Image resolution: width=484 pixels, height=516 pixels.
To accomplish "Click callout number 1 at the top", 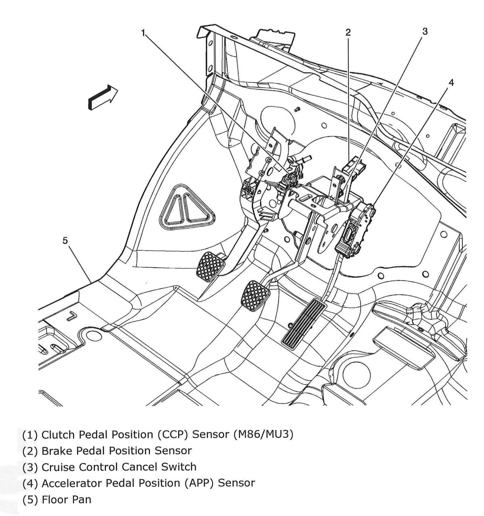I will pos(143,33).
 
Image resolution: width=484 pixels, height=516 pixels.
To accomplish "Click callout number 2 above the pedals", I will pos(348,33).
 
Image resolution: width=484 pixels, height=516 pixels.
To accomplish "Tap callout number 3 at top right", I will pos(425,31).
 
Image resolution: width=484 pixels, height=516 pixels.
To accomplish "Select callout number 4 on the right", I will pos(451,83).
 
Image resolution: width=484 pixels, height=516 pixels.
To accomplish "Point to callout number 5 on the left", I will pos(65,241).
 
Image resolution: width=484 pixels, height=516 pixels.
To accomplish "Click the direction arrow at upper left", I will pos(102,98).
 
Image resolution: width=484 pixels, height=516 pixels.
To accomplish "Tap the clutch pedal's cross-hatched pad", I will pos(211,266).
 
